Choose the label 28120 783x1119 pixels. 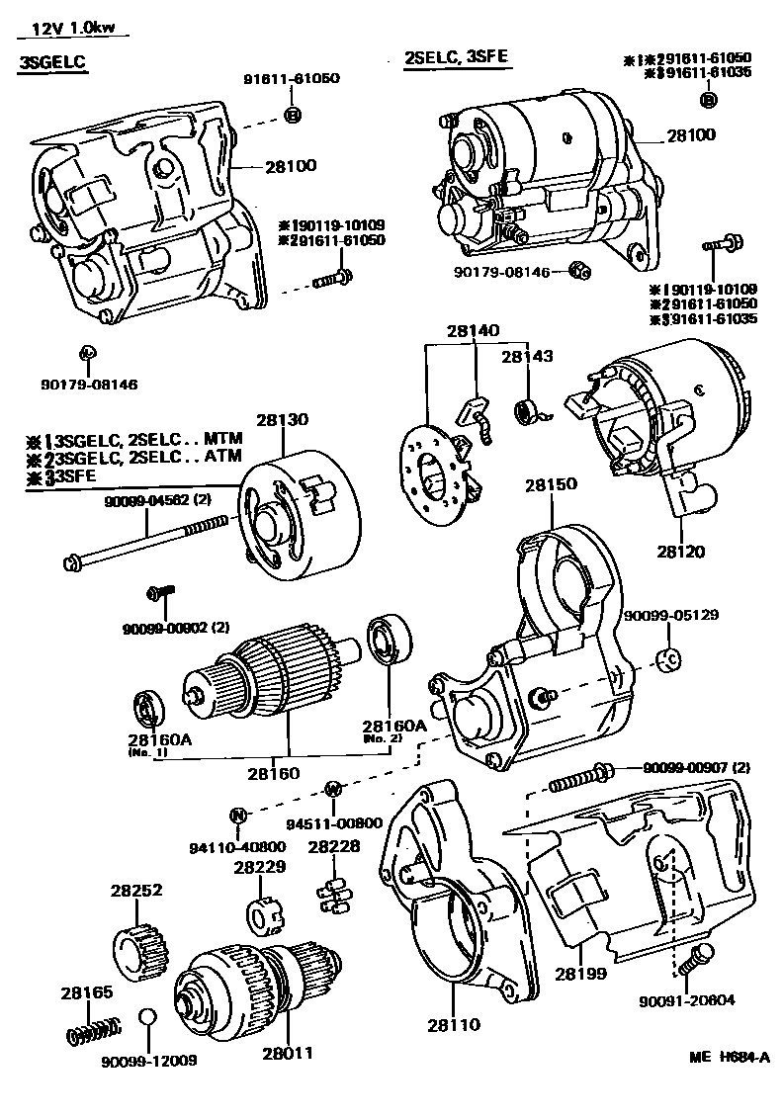click(682, 552)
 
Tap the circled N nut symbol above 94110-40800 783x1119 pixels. click(237, 816)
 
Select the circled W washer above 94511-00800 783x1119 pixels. click(333, 788)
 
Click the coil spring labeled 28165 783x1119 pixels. click(91, 1031)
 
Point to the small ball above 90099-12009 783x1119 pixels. click(147, 1018)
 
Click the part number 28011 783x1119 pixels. click(288, 1054)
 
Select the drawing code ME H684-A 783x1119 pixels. click(729, 1057)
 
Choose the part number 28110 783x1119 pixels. click(453, 1024)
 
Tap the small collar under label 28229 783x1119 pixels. click(259, 914)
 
